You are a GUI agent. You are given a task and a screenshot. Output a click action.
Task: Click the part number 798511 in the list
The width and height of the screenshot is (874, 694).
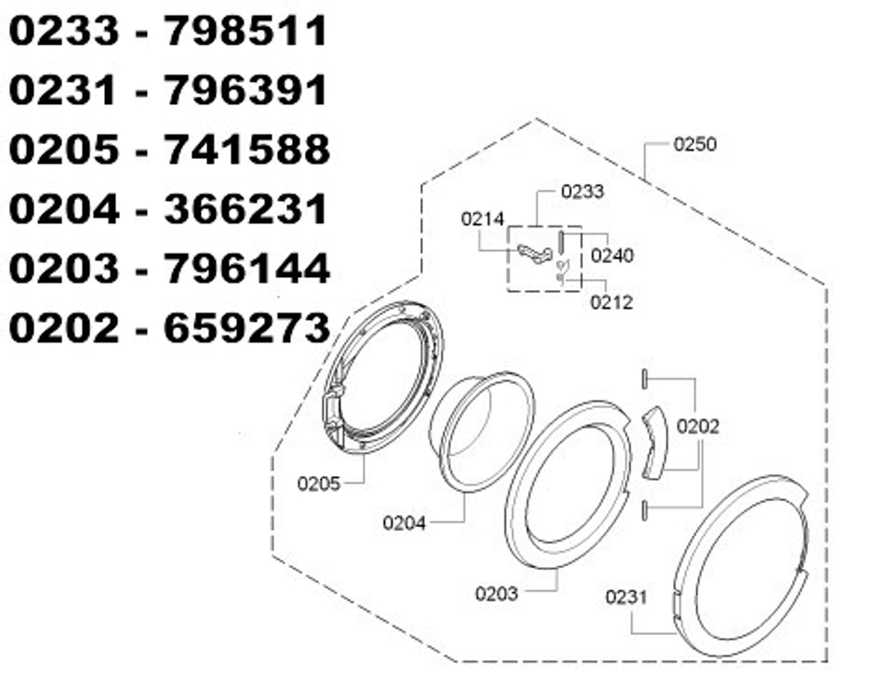pyautogui.click(x=246, y=32)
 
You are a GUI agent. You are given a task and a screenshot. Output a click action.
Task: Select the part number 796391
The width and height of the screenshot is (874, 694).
pyautogui.click(x=246, y=91)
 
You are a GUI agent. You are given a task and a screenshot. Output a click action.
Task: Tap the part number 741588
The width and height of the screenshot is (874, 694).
pyautogui.click(x=246, y=149)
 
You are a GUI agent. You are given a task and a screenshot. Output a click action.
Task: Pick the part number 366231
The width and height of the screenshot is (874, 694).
pyautogui.click(x=246, y=209)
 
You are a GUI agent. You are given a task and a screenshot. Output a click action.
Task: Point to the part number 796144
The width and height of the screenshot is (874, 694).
pyautogui.click(x=246, y=267)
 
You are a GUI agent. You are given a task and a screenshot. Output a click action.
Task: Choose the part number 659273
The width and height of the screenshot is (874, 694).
pyautogui.click(x=246, y=327)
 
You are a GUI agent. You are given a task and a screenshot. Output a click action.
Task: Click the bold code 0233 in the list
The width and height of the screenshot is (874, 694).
pyautogui.click(x=63, y=32)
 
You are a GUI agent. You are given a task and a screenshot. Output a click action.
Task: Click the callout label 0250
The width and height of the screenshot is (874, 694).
pyautogui.click(x=695, y=144)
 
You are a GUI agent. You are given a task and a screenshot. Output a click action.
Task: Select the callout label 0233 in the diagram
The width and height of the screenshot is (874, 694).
pyautogui.click(x=582, y=191)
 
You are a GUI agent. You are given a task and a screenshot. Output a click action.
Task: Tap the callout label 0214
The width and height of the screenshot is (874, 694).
pyautogui.click(x=482, y=219)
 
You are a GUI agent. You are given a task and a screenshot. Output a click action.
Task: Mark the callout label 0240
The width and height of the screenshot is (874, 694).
pyautogui.click(x=612, y=256)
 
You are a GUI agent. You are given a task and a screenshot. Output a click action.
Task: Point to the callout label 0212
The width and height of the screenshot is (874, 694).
pyautogui.click(x=611, y=302)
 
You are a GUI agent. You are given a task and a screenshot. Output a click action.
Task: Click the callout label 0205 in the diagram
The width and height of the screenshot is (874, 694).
pyautogui.click(x=318, y=483)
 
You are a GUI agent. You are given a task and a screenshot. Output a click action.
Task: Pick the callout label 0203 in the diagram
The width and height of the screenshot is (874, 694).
pyautogui.click(x=496, y=593)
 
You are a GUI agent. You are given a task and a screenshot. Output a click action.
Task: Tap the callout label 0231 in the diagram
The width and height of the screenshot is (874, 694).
pyautogui.click(x=627, y=597)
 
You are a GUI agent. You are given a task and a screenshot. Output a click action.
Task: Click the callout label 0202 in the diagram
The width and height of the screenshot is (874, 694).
pyautogui.click(x=698, y=427)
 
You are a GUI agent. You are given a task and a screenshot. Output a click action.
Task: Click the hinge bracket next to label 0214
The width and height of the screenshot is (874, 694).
pyautogui.click(x=535, y=253)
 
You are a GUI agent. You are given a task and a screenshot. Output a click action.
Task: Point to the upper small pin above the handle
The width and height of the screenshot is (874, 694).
pyautogui.click(x=644, y=378)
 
